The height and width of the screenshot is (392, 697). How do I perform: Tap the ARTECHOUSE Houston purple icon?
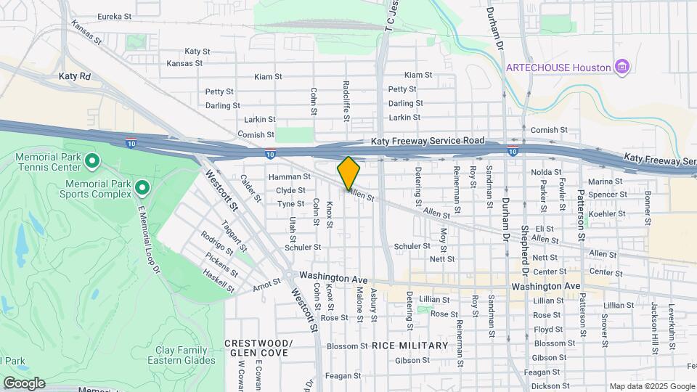pos(621,68)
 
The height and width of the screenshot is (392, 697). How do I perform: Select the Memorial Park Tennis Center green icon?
pos(91,160)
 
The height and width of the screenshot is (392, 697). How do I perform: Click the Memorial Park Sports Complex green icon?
pos(142,189)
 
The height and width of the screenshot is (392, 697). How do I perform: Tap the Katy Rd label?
pos(75,75)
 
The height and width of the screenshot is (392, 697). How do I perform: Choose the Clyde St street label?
pos(290,191)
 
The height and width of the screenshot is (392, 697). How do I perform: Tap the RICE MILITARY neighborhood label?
pos(410,346)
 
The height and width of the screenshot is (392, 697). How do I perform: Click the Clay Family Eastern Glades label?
pos(182,354)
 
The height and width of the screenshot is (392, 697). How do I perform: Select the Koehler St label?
pos(607,214)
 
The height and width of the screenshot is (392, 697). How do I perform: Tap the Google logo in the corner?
pos(23,383)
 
